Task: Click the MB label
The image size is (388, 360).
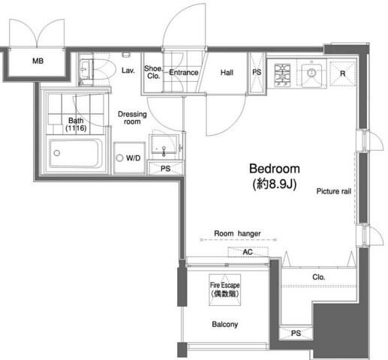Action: coord(38,61)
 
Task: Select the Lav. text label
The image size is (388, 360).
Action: coord(128,70)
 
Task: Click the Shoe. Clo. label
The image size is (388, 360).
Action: coord(153,72)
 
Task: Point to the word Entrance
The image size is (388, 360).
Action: coord(184,73)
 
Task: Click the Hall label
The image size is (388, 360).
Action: coord(227,73)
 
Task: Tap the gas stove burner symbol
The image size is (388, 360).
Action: coord(282,75)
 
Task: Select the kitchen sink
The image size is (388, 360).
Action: coord(311,73)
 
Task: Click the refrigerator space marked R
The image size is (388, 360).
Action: coord(343,73)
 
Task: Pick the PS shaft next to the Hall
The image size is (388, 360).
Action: coord(257,73)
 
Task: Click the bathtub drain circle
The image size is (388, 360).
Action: coord(57,153)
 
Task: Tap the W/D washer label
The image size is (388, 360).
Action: coord(133,158)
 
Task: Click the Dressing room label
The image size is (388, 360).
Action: coord(132,118)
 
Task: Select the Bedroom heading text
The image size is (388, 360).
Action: coord(275,169)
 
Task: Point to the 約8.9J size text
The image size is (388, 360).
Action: coord(275,184)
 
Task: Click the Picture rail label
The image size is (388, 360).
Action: coord(334,191)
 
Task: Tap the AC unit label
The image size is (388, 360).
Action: coord(248,252)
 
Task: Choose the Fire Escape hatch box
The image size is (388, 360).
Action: coord(224,289)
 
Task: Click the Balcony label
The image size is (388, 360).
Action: coord(225,324)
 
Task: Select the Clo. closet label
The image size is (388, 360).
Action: coord(318,277)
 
